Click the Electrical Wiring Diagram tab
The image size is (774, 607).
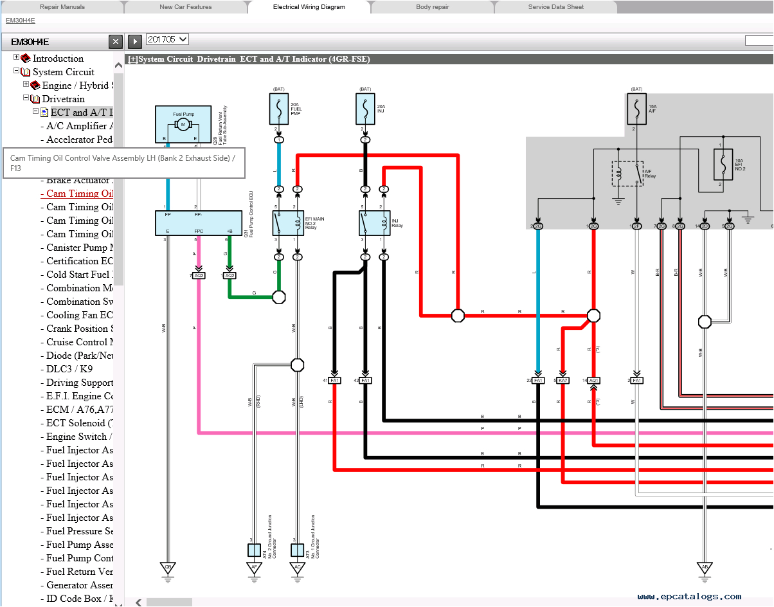(x=309, y=7)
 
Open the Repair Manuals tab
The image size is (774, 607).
(x=62, y=7)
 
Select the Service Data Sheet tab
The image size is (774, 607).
(x=555, y=7)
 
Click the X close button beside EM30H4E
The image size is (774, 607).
(x=115, y=42)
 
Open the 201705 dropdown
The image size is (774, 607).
(x=167, y=39)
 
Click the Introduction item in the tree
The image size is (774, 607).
(x=58, y=59)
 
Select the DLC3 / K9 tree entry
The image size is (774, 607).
(x=69, y=369)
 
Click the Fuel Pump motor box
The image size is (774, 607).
(x=183, y=124)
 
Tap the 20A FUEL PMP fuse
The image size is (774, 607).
(x=278, y=109)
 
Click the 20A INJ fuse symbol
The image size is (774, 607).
(x=365, y=109)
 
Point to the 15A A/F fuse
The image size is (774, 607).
(x=636, y=109)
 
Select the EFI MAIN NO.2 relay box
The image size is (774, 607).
(x=287, y=222)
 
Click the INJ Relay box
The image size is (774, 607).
(x=374, y=222)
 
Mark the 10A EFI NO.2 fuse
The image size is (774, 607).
(x=723, y=165)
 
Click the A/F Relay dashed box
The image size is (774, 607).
(x=627, y=173)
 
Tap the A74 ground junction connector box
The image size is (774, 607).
(x=254, y=550)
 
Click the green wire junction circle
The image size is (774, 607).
(x=279, y=297)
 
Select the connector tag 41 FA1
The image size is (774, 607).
(x=334, y=381)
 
